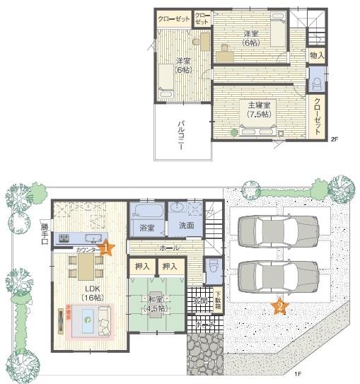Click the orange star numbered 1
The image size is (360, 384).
click(x=106, y=248)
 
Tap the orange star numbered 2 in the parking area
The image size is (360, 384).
click(x=280, y=306)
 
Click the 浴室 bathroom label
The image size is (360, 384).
click(x=146, y=228)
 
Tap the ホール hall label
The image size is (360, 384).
click(x=169, y=248)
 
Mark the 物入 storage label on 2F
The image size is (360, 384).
click(x=317, y=55)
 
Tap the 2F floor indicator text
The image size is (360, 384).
click(x=335, y=139)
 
